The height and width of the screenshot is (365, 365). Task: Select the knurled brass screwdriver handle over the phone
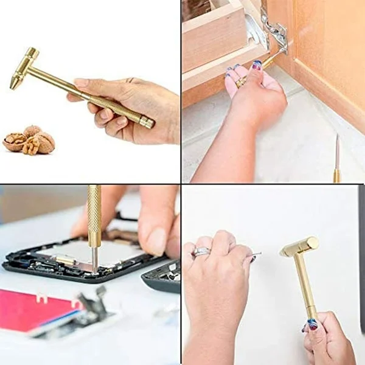click(x=94, y=216)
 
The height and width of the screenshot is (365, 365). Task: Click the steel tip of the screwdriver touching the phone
click(x=95, y=259)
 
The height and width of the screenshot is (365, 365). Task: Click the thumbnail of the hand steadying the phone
click(x=156, y=242)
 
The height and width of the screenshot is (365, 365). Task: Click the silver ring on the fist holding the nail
click(x=201, y=251)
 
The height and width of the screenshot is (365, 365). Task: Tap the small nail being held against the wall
click(x=256, y=254)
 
